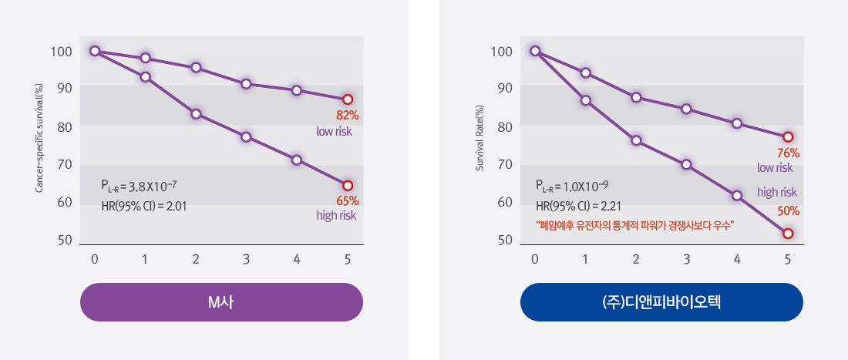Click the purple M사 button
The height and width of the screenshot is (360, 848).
pyautogui.click(x=221, y=302)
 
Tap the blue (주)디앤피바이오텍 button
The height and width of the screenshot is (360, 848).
pyautogui.click(x=661, y=302)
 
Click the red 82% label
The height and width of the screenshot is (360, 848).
pyautogui.click(x=348, y=116)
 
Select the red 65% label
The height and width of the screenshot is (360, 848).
pyautogui.click(x=348, y=200)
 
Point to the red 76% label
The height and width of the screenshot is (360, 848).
pyautogui.click(x=788, y=153)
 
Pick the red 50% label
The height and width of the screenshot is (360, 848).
pyautogui.click(x=788, y=210)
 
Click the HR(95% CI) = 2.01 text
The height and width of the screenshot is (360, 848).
pyautogui.click(x=144, y=207)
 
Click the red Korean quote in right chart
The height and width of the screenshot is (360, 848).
pyautogui.click(x=634, y=225)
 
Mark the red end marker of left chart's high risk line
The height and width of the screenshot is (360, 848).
pyautogui.click(x=348, y=186)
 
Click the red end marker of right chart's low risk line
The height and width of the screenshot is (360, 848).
pyautogui.click(x=788, y=137)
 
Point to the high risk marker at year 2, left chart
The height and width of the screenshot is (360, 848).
pyautogui.click(x=196, y=114)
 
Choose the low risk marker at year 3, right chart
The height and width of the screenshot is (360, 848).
pyautogui.click(x=686, y=109)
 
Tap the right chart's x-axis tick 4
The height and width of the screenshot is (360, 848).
pyautogui.click(x=737, y=260)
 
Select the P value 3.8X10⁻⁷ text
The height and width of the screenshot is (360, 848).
pyautogui.click(x=139, y=186)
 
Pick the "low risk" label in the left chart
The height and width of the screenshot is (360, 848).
pyautogui.click(x=334, y=132)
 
